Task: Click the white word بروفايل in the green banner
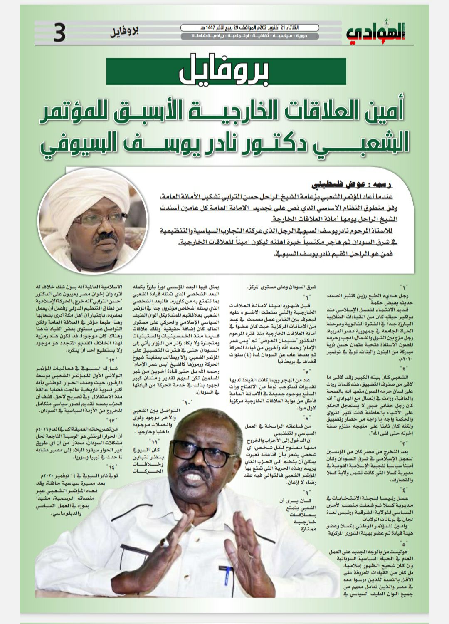click(x=224, y=72)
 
